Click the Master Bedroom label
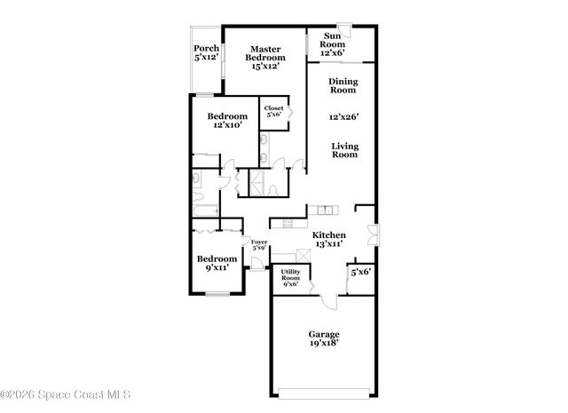pyautogui.click(x=265, y=57)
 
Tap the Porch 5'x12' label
pyautogui.click(x=207, y=52)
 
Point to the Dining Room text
pyautogui.click(x=343, y=86)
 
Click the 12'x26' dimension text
pyautogui.click(x=343, y=116)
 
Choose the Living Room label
pyautogui.click(x=344, y=150)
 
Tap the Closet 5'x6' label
pyautogui.click(x=273, y=111)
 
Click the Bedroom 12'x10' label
pyautogui.click(x=227, y=121)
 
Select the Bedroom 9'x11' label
pyautogui.click(x=217, y=264)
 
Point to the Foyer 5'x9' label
pyautogui.click(x=259, y=244)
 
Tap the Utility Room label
pyautogui.click(x=290, y=278)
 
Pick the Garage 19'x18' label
pyautogui.click(x=324, y=338)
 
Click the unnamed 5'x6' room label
pyautogui.click(x=360, y=272)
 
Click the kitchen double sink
pyautogui.click(x=326, y=210)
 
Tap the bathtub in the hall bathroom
pyautogui.click(x=206, y=210)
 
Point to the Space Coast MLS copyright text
pyautogui.click(x=67, y=394)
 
